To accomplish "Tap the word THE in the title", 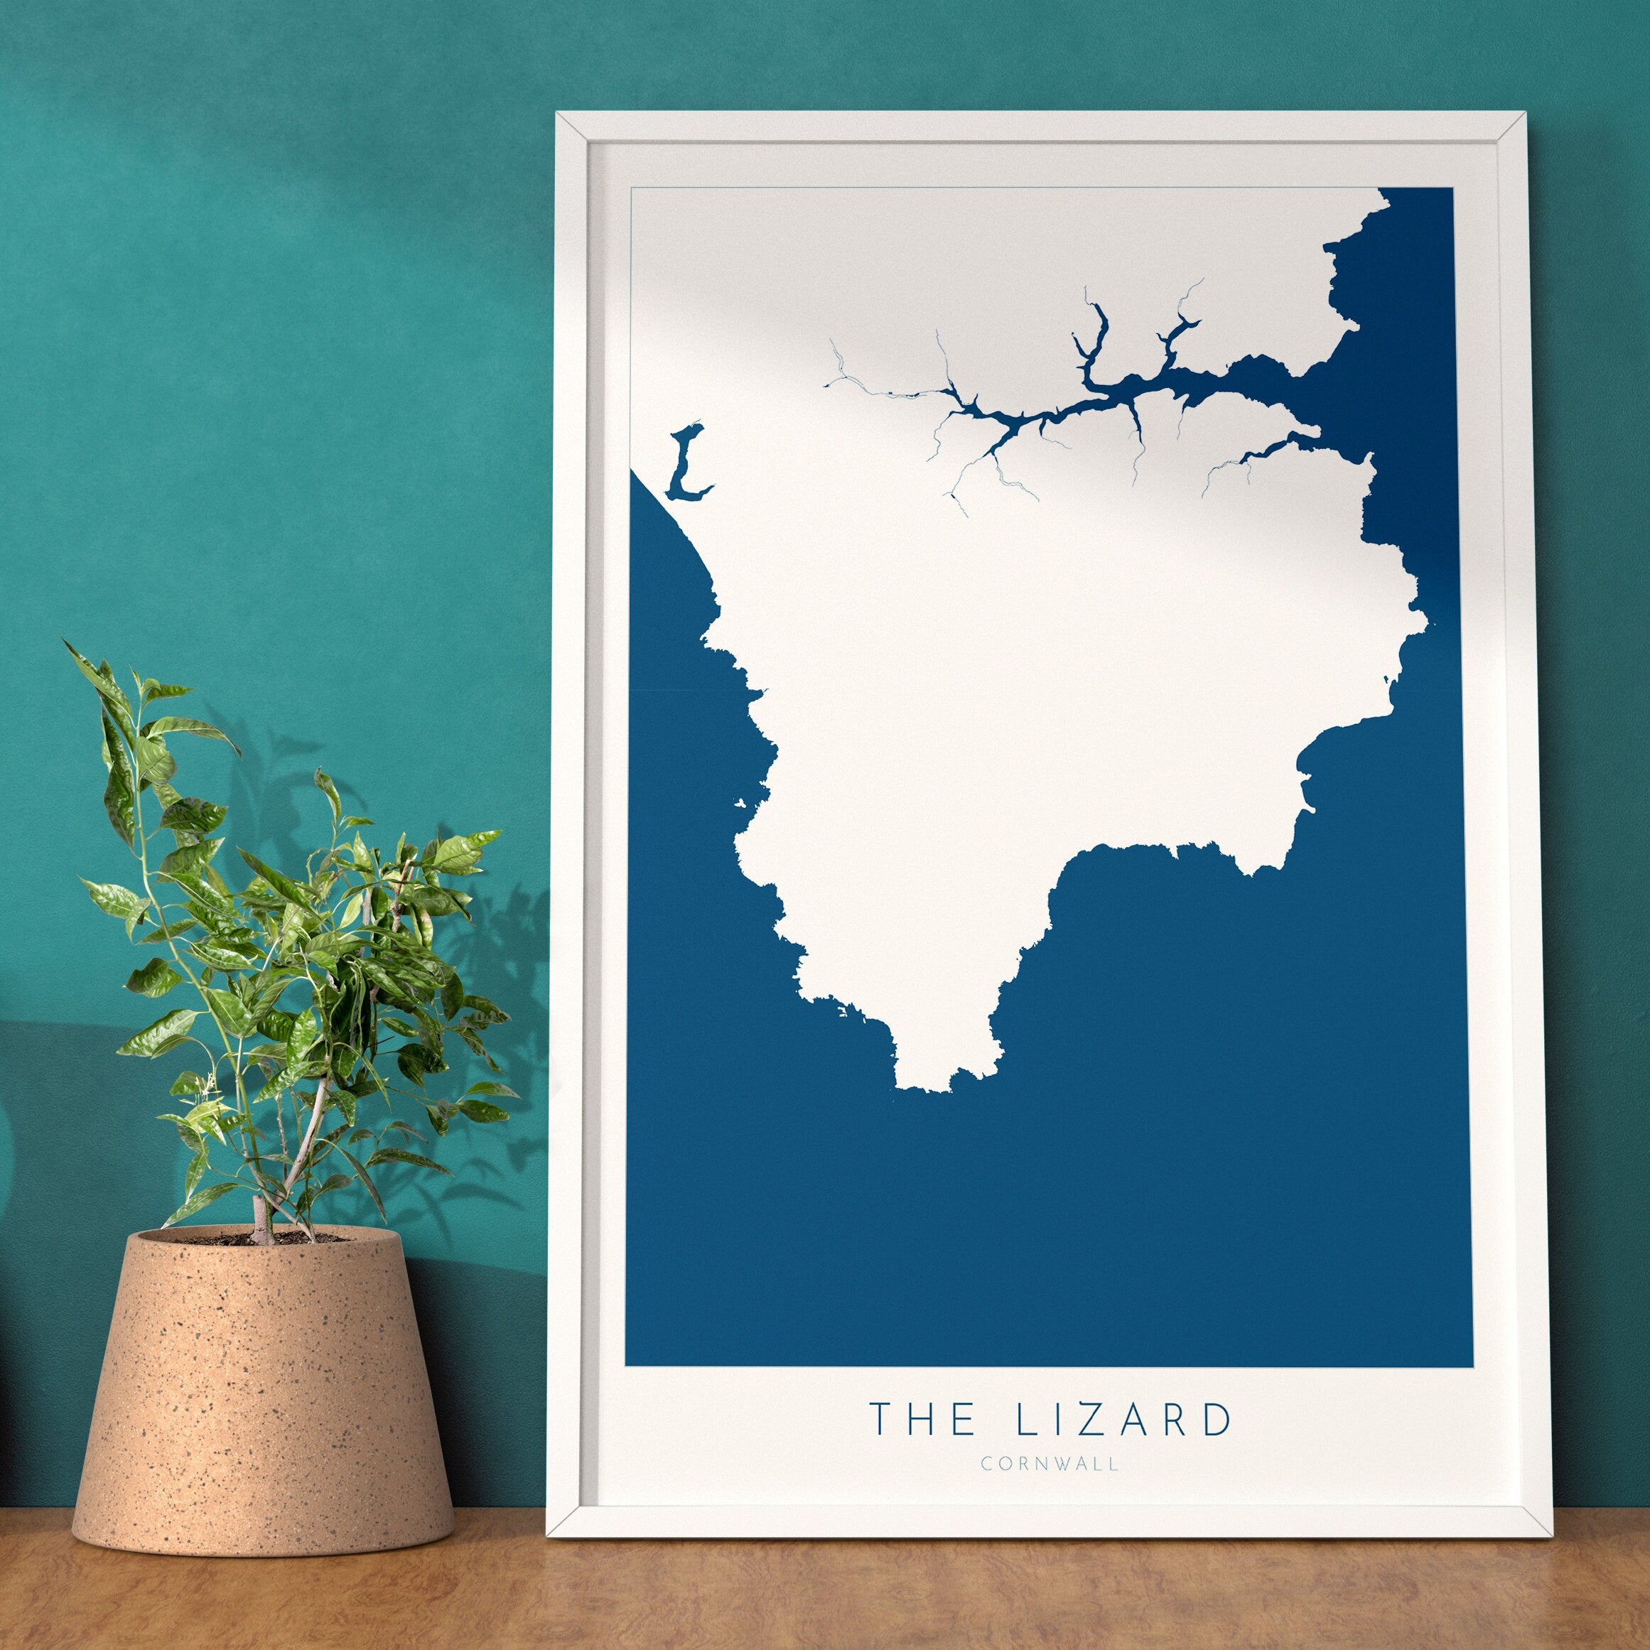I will pos(922,1418).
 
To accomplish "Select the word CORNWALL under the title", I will pos(1049,1464).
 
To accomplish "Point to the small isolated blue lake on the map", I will pos(684,464).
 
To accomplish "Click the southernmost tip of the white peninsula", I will pos(922,1091).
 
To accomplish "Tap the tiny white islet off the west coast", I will pos(740,803).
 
